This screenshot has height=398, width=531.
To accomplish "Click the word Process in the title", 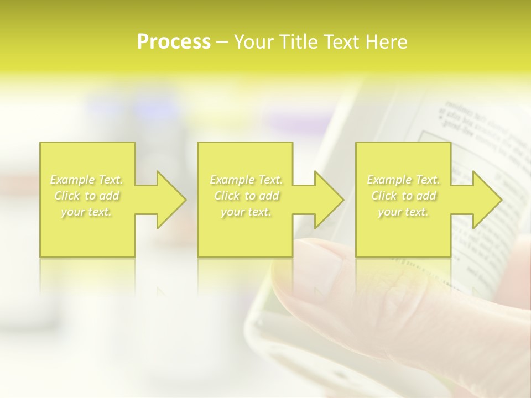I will pyautogui.click(x=174, y=42).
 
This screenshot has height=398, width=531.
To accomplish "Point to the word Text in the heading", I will pyautogui.click(x=342, y=42).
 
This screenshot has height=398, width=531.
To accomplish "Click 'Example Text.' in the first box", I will pyautogui.click(x=87, y=180).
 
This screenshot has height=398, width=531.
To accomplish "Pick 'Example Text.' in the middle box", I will pyautogui.click(x=246, y=180).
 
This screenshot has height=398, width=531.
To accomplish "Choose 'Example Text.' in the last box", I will pyautogui.click(x=403, y=180).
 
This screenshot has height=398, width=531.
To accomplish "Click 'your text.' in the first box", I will pyautogui.click(x=87, y=212).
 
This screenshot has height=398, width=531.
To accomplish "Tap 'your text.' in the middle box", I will pyautogui.click(x=246, y=212).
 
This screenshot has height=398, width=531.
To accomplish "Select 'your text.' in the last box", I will pyautogui.click(x=403, y=212).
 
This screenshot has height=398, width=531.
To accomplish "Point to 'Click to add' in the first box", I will pyautogui.click(x=87, y=196).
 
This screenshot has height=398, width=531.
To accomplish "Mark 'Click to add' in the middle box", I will pyautogui.click(x=246, y=196).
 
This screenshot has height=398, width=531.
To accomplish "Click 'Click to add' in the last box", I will pyautogui.click(x=403, y=196).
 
